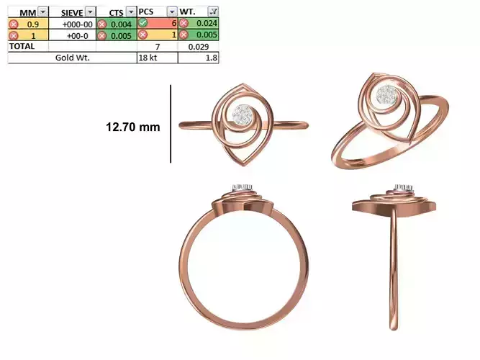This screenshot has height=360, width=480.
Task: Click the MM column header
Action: [x=27, y=12]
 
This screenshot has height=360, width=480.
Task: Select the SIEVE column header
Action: [x=72, y=12]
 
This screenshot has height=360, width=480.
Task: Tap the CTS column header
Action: [x=115, y=12]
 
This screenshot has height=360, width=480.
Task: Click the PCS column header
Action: [x=148, y=12]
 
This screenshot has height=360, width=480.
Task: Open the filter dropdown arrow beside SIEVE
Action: [x=89, y=12]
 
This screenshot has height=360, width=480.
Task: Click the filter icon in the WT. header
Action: [x=212, y=12]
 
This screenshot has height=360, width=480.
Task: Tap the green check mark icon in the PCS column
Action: [x=143, y=24]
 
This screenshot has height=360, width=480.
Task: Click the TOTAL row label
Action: [x=21, y=45]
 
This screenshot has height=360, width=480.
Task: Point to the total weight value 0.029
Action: [x=199, y=46]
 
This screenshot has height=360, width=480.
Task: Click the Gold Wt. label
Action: [x=72, y=57]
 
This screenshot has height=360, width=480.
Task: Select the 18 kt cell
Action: [x=148, y=57]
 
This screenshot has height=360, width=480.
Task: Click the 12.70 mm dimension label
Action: [x=132, y=127]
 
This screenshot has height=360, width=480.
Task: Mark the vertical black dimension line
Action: [x=171, y=124]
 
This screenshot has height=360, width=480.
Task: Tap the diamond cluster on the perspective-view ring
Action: [x=388, y=94]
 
